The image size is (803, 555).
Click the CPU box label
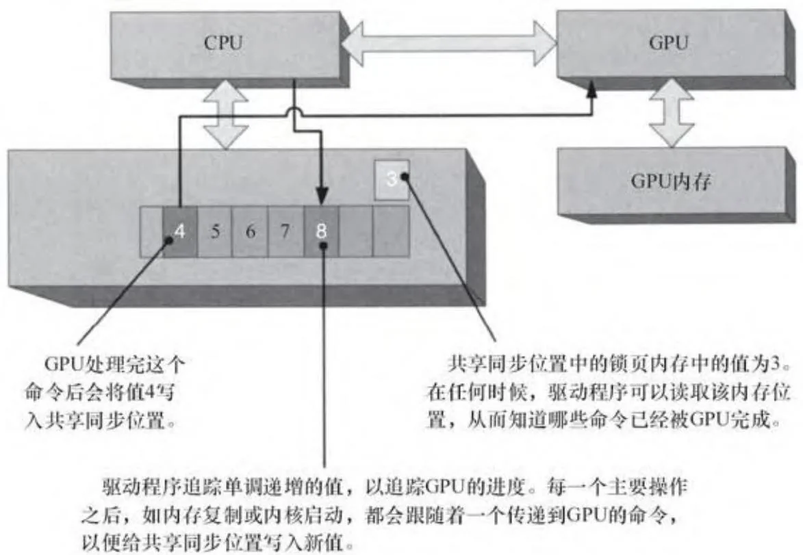pyautogui.click(x=223, y=43)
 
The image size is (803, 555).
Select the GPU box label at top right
pyautogui.click(x=667, y=43)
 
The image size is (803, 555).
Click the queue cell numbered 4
pyautogui.click(x=179, y=231)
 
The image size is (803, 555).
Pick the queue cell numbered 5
pyautogui.click(x=215, y=231)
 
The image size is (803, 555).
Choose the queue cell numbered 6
pyautogui.click(x=250, y=231)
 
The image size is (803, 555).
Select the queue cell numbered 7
pyautogui.click(x=285, y=231)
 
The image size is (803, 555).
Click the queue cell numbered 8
pyautogui.click(x=321, y=231)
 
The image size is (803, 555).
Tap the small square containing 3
pyautogui.click(x=392, y=180)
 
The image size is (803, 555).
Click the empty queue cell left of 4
pyautogui.click(x=151, y=231)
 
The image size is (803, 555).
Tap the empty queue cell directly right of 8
pyautogui.click(x=356, y=231)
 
